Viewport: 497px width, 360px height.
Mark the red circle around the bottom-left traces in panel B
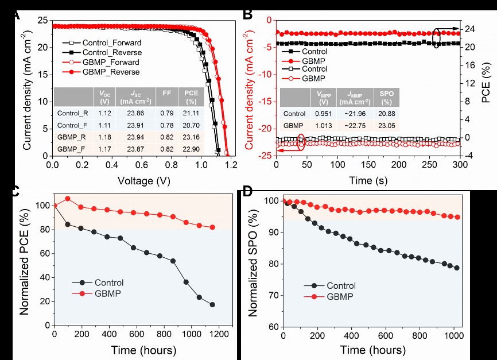[x=301, y=142]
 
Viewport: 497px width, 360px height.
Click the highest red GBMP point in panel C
[x=68, y=199]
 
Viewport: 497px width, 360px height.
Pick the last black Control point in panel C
[x=212, y=304]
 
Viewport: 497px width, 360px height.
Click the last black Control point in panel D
[x=457, y=268]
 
